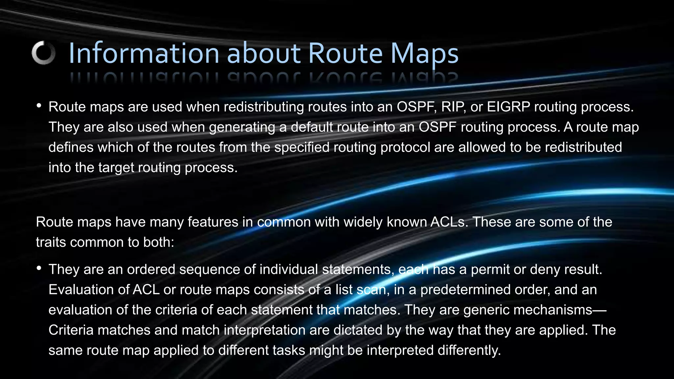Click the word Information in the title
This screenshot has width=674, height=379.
click(143, 53)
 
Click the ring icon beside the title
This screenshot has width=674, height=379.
click(43, 53)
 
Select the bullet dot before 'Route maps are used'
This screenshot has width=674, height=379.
click(39, 106)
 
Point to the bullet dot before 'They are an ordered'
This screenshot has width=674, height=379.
click(39, 268)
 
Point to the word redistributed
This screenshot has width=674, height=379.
click(583, 147)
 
